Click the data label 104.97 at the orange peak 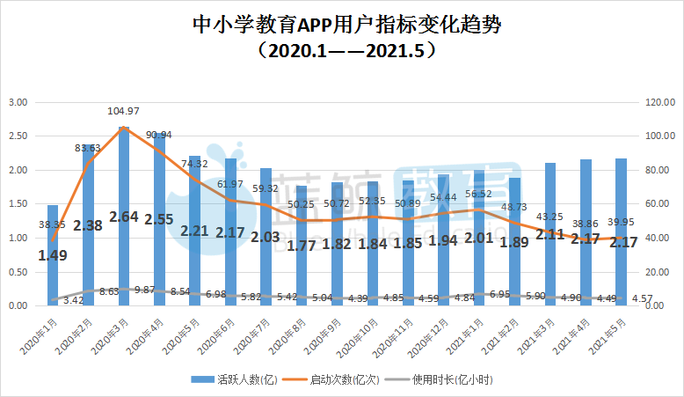(x=124, y=111)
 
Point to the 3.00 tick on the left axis (x=18, y=103)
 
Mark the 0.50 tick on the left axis (x=18, y=272)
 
